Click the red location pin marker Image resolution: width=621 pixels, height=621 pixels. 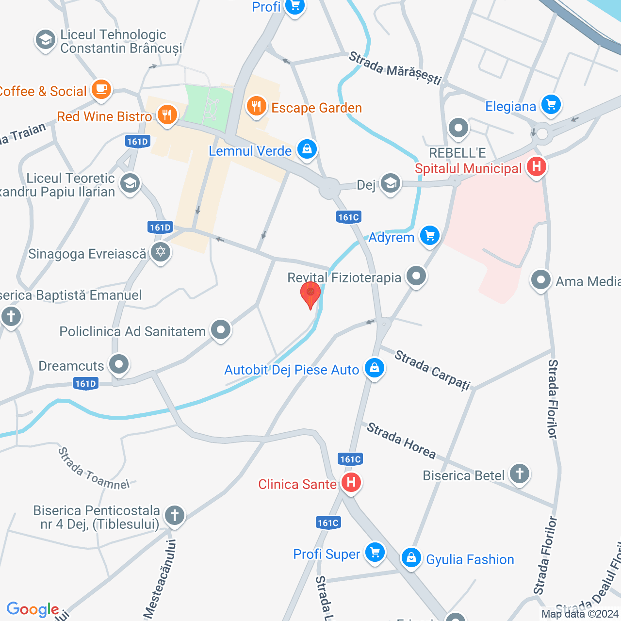click(x=310, y=294)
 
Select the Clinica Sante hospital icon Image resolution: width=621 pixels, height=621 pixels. click(x=351, y=483)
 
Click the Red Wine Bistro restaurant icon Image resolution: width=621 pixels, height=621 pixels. click(x=167, y=115)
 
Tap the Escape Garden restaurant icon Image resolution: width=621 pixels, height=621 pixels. click(x=256, y=107)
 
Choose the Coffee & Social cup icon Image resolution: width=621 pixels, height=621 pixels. click(x=101, y=90)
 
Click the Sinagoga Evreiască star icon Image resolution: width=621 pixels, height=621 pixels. click(x=160, y=252)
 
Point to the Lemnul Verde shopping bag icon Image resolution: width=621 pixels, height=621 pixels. click(x=307, y=149)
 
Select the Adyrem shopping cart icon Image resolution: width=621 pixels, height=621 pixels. click(x=429, y=236)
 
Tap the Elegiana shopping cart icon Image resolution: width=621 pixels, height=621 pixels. click(x=551, y=105)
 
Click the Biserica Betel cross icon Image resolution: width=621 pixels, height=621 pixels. click(x=519, y=474)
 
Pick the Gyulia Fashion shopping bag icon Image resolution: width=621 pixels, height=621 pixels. click(x=411, y=558)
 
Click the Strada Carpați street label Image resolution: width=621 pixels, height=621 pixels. click(x=432, y=370)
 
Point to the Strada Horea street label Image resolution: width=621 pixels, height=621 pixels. click(x=401, y=441)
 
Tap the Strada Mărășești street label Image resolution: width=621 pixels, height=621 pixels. click(x=395, y=68)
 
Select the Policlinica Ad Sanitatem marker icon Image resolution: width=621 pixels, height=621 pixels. click(x=221, y=330)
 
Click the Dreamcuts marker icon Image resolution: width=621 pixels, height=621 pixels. click(x=118, y=364)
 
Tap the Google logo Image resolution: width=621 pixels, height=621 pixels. click(x=33, y=609)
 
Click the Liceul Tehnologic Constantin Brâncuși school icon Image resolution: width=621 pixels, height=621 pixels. click(x=46, y=40)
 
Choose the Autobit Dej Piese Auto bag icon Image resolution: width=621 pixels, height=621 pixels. click(x=374, y=369)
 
